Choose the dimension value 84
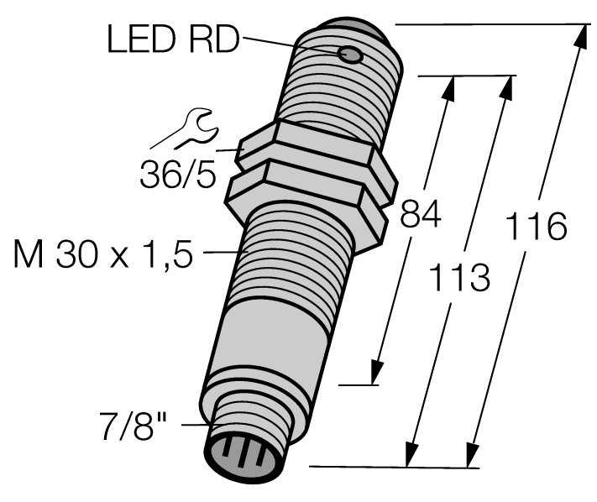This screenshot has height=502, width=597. click(x=421, y=216)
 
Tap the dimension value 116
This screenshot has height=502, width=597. click(x=538, y=225)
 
